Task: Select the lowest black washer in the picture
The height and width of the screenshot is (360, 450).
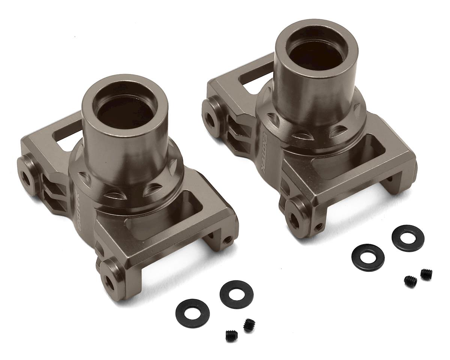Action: point(192,313)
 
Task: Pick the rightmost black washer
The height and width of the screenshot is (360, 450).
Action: point(408,238)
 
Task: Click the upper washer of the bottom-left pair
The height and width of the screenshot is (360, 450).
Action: point(236,294)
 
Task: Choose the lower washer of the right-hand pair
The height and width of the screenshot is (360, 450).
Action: point(367,257)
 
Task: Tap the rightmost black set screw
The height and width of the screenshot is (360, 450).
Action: point(426,274)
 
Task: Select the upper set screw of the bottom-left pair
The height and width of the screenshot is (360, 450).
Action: point(248,325)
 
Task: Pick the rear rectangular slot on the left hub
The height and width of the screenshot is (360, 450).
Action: point(67,133)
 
